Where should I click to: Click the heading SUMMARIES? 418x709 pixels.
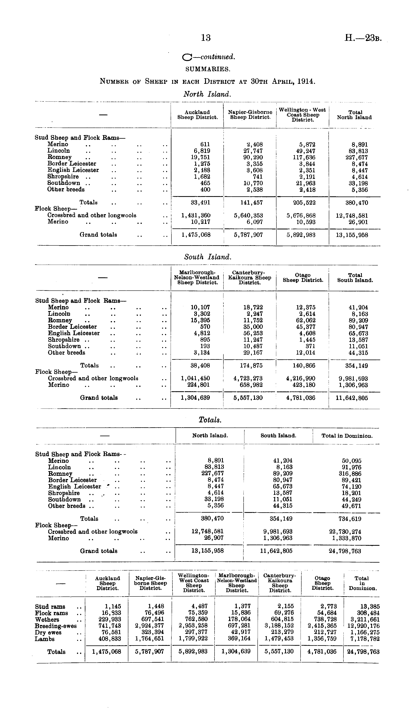pos(208,69)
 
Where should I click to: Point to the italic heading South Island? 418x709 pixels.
pos(208,257)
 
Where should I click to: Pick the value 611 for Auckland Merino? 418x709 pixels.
pos(205,144)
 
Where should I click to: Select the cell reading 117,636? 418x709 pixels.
pos(304,157)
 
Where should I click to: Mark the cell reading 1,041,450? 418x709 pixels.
pos(196,378)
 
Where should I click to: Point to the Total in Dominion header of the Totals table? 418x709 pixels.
pos(347,436)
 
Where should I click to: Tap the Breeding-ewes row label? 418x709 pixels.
pos(56,626)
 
